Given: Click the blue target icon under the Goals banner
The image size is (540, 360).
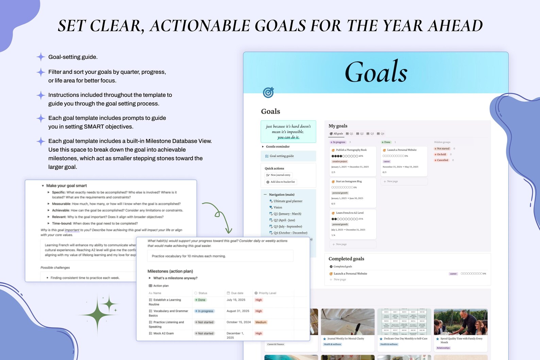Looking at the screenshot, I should pos(268,92).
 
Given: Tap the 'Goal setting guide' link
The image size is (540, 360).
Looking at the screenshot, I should pos(282,156).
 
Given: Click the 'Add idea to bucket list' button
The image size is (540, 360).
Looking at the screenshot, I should pos(281,182).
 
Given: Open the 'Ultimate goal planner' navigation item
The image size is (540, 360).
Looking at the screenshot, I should pos(288,201).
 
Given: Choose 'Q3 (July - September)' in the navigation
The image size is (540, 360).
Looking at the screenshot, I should pos(288,226).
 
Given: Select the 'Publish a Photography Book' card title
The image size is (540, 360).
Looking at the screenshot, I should pos(351,150).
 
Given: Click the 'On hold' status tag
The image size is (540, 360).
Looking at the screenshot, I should pos(441,154).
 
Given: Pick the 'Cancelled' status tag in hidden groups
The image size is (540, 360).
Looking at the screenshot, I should pos(442,160).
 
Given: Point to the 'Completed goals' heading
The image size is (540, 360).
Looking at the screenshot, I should pos(346,259).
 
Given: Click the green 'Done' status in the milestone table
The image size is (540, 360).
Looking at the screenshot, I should pos(200,300).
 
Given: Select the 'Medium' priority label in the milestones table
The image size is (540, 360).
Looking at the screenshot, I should pos(261,322).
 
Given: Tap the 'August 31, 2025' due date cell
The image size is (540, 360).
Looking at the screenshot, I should pos(238,311).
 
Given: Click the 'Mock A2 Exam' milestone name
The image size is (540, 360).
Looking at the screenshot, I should pos(163,333).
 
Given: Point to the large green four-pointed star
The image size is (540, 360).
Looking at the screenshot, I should pos(98,314).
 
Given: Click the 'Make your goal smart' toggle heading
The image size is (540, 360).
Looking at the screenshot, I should pos(66,186).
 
